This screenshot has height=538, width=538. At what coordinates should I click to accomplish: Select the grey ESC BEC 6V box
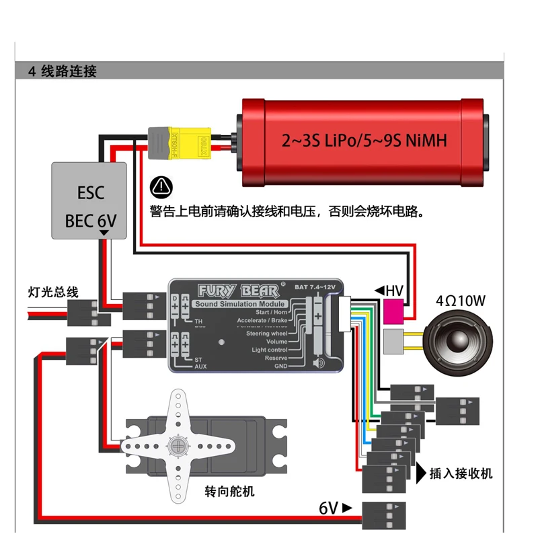tap(90, 200)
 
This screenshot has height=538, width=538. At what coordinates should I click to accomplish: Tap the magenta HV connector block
tap(394, 313)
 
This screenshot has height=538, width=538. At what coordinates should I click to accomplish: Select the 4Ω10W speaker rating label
tap(461, 300)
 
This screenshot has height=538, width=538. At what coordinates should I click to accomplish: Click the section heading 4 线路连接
tap(63, 71)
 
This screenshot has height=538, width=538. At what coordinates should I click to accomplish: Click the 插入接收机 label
tap(461, 473)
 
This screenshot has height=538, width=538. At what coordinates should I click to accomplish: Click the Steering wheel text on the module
tap(266, 334)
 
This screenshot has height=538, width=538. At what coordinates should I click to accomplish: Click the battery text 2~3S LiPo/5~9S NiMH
tap(364, 141)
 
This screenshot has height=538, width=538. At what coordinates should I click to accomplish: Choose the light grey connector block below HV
tap(394, 342)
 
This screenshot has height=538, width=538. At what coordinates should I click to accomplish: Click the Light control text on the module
tap(269, 350)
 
